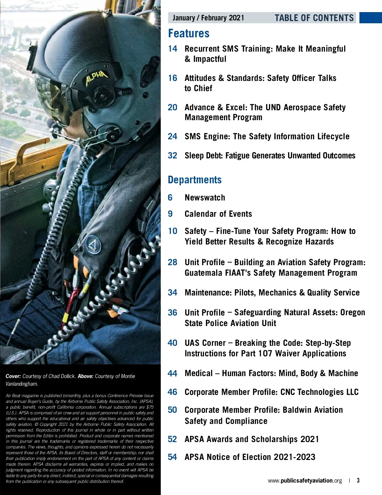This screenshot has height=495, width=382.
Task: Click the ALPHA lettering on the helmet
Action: [97, 77]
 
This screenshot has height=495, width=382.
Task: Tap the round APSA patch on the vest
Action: [93, 244]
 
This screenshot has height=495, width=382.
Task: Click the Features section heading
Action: [189, 33]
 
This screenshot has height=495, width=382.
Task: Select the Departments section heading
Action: [195, 180]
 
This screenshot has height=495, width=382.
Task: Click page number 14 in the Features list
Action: [173, 49]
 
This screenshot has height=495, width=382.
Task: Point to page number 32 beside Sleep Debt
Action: [173, 156]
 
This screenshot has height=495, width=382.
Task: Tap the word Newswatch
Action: [205, 198]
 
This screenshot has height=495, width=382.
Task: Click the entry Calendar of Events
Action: [218, 214]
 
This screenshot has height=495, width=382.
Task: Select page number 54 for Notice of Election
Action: [172, 457]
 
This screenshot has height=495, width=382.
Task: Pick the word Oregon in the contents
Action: [353, 312]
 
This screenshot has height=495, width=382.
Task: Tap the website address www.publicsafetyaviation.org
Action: [305, 481]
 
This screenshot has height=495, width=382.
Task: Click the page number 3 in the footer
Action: [358, 480]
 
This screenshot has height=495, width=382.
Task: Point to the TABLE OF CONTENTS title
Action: [314, 18]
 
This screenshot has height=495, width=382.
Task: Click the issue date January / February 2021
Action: [208, 18]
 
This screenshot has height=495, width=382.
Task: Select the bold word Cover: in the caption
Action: [13, 376]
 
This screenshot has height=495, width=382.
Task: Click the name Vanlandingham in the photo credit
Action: [22, 384]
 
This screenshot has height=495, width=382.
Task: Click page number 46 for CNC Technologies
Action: [172, 392]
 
